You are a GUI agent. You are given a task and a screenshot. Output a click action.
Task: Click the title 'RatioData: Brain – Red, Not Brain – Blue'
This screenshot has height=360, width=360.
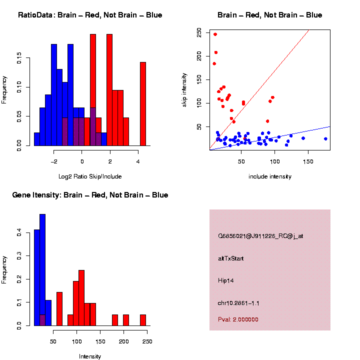pyautogui.click(x=90, y=15)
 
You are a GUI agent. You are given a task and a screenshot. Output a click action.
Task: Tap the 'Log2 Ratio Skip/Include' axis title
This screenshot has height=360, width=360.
pyautogui.click(x=90, y=176)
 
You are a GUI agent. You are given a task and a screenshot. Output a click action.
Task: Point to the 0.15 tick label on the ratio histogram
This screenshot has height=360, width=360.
pyautogui.click(x=19, y=59)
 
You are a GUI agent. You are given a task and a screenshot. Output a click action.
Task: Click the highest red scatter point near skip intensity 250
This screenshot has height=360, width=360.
pyautogui.click(x=215, y=34)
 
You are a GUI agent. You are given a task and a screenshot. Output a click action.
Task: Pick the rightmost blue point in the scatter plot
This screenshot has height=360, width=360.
pyautogui.click(x=325, y=139)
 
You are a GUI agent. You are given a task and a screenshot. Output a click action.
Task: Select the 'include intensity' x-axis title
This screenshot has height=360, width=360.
pyautogui.click(x=270, y=176)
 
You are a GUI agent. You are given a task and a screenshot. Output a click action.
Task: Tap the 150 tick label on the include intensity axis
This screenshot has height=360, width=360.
pyautogui.click(x=308, y=161)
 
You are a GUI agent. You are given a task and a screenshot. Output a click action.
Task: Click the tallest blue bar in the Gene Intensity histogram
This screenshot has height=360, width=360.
pyautogui.click(x=42, y=269)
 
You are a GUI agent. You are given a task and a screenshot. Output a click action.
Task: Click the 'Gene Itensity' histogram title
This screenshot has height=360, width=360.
pyautogui.click(x=90, y=195)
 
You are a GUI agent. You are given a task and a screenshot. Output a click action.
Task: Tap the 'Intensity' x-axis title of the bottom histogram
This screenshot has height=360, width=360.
pyautogui.click(x=90, y=356)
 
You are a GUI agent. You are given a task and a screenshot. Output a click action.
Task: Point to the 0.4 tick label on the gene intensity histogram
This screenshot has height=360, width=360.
pyautogui.click(x=19, y=233)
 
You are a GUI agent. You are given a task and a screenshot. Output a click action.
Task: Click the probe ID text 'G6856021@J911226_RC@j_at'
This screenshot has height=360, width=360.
pyautogui.click(x=260, y=236)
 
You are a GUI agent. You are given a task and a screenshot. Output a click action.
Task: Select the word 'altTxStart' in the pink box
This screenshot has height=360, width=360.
pyautogui.click(x=231, y=258)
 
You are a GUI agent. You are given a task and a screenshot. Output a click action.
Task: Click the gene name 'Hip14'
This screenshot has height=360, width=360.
pyautogui.click(x=226, y=280)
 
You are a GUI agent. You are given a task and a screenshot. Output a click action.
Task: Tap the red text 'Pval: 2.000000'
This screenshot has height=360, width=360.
pyautogui.click(x=238, y=319)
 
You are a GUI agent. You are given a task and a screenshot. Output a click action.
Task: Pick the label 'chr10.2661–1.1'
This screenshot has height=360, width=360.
pyautogui.click(x=238, y=303)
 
